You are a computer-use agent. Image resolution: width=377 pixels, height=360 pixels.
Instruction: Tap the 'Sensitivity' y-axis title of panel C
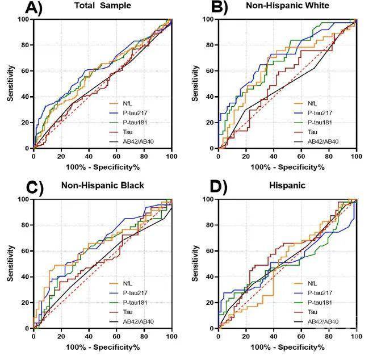11,263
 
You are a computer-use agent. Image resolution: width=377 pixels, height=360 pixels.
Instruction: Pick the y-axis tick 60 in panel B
211,71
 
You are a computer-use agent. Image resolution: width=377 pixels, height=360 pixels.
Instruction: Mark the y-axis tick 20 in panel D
211,303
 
